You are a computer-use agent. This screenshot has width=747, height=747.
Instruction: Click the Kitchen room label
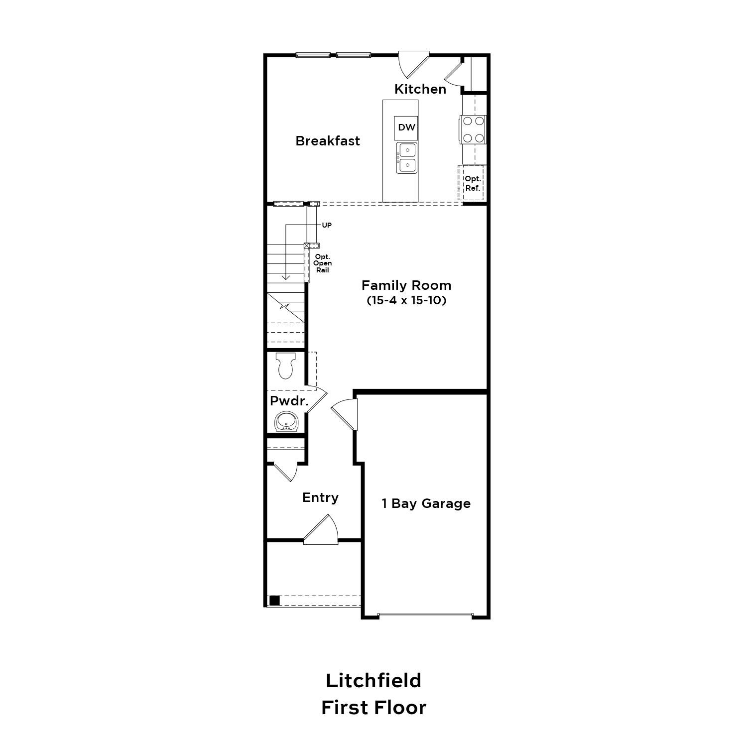(x=420, y=89)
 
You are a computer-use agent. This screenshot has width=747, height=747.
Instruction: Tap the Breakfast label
(x=327, y=141)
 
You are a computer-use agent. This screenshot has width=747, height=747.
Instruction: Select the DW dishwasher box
(x=406, y=127)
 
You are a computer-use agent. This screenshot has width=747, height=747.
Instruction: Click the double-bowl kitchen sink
(x=406, y=157)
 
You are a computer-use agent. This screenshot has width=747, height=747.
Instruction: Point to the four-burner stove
(x=473, y=129)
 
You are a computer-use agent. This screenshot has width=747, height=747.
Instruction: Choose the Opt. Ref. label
(x=472, y=183)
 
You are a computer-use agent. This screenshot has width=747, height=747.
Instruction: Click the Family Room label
(x=406, y=285)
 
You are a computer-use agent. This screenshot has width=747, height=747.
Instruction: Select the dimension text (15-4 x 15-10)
(x=406, y=300)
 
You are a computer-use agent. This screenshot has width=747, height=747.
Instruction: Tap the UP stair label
(x=326, y=225)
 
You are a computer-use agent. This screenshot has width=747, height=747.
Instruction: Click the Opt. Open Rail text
(x=322, y=263)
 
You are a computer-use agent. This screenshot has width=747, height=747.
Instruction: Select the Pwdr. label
(x=289, y=401)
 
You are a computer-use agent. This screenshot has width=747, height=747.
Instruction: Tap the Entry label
(x=320, y=498)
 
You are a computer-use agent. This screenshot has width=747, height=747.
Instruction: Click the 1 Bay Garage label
(x=426, y=503)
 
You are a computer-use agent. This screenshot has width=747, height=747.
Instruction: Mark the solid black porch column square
(x=274, y=601)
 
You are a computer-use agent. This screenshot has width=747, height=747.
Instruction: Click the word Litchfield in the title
(x=373, y=680)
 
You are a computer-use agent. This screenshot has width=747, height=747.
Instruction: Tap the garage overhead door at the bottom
(x=425, y=616)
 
